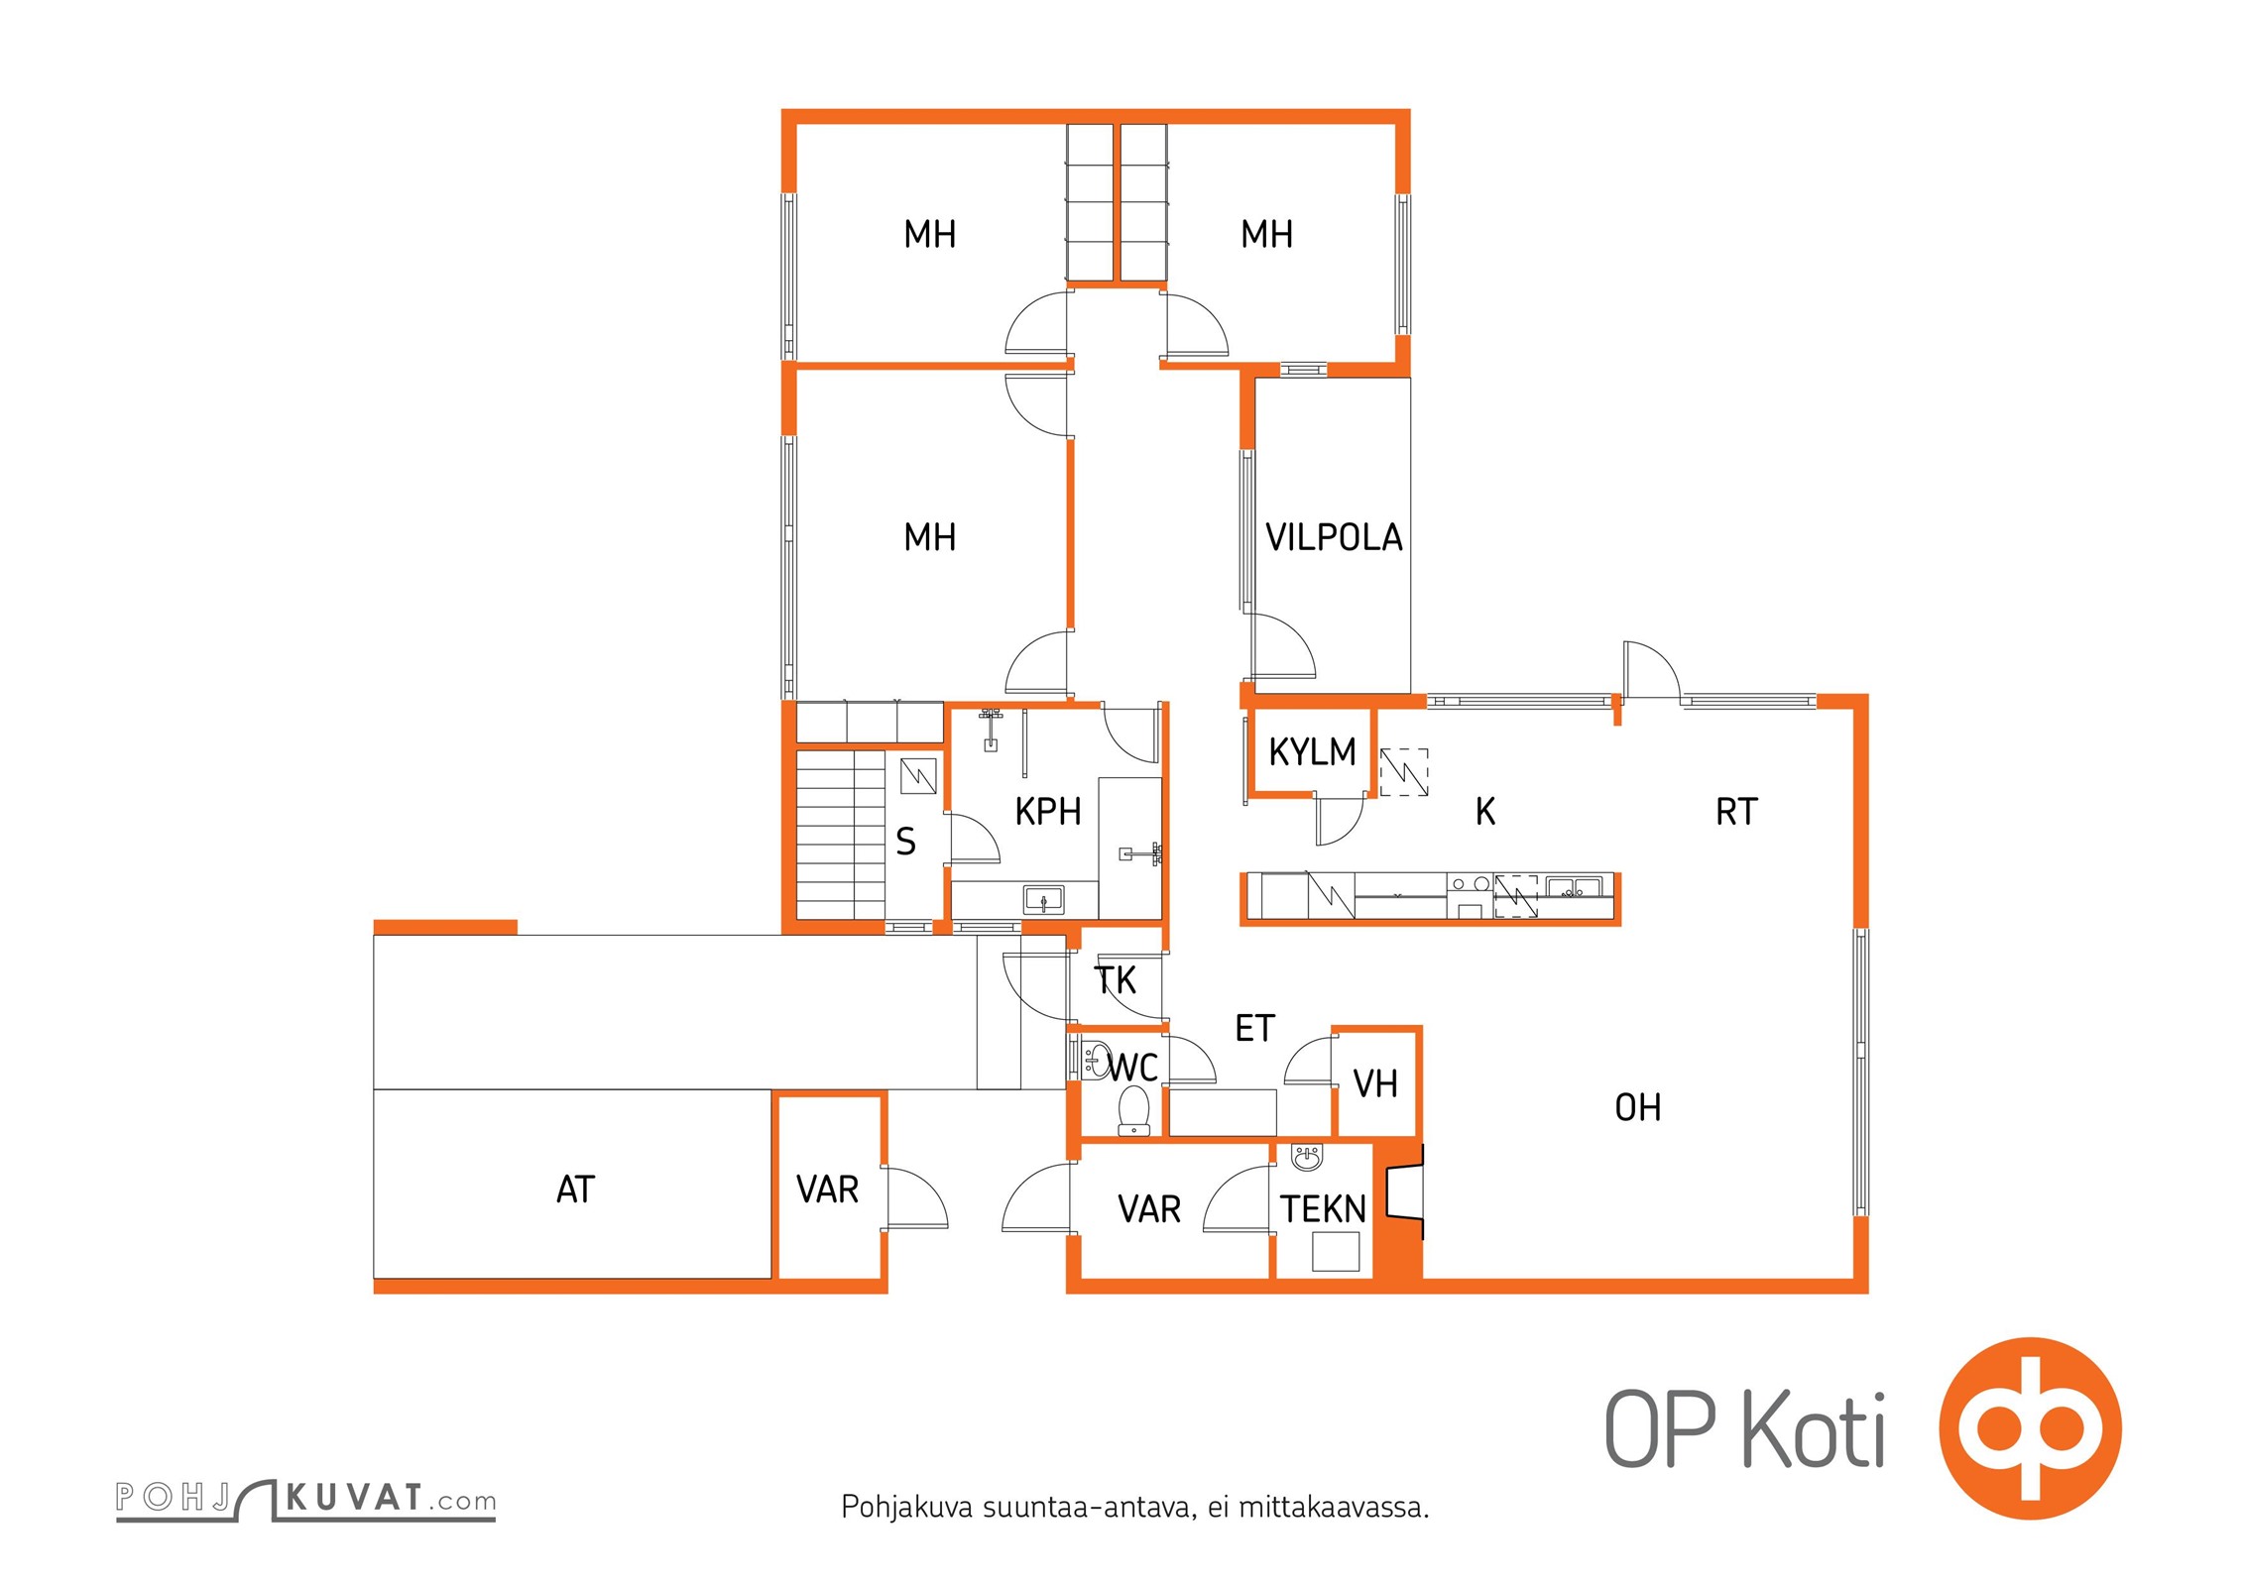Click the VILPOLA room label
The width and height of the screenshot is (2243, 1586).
[1334, 537]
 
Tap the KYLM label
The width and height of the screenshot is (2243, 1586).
[1312, 752]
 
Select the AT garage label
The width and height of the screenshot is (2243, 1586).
[575, 1189]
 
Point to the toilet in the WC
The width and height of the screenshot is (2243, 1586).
[1133, 1110]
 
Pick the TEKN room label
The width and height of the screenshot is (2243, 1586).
[1323, 1209]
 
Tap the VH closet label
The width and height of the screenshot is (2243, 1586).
[1375, 1084]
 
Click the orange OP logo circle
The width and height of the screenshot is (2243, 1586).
[2030, 1428]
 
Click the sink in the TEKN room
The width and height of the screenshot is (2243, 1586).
[1307, 1157]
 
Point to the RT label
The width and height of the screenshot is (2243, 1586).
[1736, 812]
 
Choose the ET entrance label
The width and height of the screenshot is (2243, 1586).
[1254, 1029]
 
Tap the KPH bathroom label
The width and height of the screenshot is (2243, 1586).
[1047, 812]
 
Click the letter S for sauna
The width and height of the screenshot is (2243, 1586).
[905, 843]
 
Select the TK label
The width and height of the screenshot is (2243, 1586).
[1116, 980]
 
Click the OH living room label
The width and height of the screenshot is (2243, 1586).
[1637, 1107]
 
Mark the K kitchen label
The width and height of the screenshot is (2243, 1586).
[1485, 812]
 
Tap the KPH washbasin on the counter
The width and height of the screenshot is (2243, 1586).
[1044, 900]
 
